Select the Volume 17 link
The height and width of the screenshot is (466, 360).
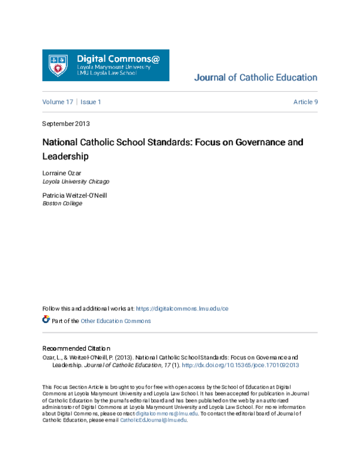57,102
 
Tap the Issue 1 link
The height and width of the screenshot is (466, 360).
91,102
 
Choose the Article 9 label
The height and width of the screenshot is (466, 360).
305,102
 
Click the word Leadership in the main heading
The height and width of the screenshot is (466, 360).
65,157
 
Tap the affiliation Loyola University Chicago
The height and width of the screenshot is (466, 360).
76,181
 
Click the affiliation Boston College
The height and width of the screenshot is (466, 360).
62,203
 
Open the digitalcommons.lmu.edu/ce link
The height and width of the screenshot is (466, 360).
182,309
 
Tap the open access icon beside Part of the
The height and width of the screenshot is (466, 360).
46,320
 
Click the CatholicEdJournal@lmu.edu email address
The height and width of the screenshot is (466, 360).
154,420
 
